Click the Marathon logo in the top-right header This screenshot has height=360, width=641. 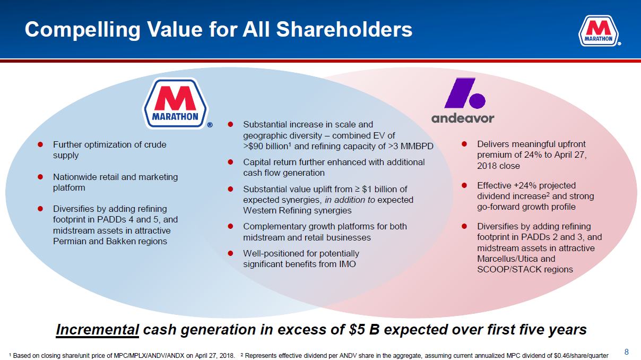tap(599, 31)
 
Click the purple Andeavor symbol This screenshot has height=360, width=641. tap(465, 93)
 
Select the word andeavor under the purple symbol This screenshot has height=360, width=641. tap(463, 118)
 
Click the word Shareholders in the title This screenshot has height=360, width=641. tap(344, 29)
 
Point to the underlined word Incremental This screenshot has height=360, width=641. tap(97, 330)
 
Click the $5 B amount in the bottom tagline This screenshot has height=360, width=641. tap(364, 330)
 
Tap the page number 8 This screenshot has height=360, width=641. tap(626, 352)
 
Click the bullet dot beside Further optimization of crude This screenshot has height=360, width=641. tap(40, 144)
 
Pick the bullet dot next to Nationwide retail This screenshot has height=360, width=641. tap(40, 177)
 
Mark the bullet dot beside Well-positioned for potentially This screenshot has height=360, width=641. tap(230, 253)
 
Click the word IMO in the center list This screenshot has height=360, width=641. tap(348, 264)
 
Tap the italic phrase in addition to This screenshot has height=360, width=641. tap(350, 200)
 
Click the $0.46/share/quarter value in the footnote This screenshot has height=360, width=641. tap(581, 356)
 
